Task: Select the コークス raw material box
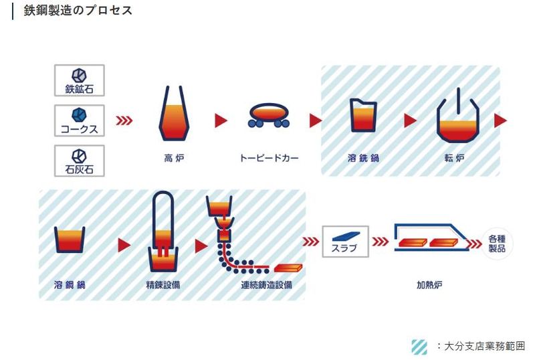click(80, 121)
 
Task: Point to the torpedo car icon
click(268, 114)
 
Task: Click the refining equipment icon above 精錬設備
click(163, 231)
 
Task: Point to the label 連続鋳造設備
click(265, 285)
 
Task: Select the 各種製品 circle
click(497, 243)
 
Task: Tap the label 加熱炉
click(429, 285)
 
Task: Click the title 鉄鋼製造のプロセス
click(78, 11)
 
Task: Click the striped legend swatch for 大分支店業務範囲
click(419, 346)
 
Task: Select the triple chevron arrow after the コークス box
click(124, 120)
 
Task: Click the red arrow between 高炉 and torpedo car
click(220, 120)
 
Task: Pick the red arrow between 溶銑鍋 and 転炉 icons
click(410, 120)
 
